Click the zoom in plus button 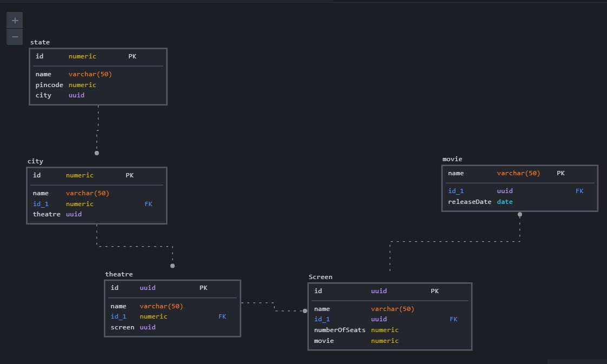(x=15, y=20)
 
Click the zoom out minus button (x=15, y=36)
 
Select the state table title (x=40, y=42)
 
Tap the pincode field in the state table (x=49, y=85)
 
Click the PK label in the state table (x=133, y=56)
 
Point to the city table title (x=35, y=161)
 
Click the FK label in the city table (x=148, y=204)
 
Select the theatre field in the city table (x=47, y=214)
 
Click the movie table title (x=452, y=159)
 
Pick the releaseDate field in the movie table (x=470, y=202)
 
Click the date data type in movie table (x=505, y=202)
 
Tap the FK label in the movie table (x=579, y=191)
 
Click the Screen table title (x=320, y=277)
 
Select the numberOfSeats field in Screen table (x=340, y=330)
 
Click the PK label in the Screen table (x=435, y=291)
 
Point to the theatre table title (x=118, y=274)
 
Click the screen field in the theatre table (x=122, y=327)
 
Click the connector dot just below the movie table (x=520, y=215)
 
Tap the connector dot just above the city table (x=97, y=153)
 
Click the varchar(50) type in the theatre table (x=161, y=306)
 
